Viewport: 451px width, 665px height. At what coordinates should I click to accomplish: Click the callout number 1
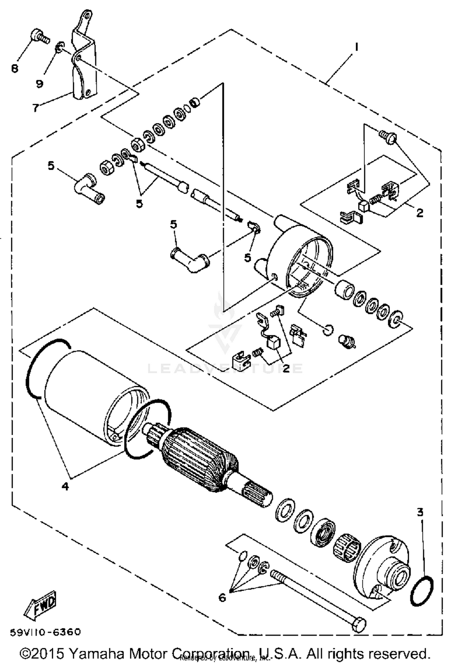[357, 48]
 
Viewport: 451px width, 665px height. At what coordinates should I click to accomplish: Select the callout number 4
[65, 486]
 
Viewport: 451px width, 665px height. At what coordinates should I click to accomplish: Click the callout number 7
[36, 107]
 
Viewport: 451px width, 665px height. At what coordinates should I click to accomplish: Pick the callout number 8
[14, 69]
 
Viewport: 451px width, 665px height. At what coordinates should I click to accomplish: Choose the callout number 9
[39, 83]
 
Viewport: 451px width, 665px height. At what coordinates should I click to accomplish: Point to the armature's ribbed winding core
[200, 454]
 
